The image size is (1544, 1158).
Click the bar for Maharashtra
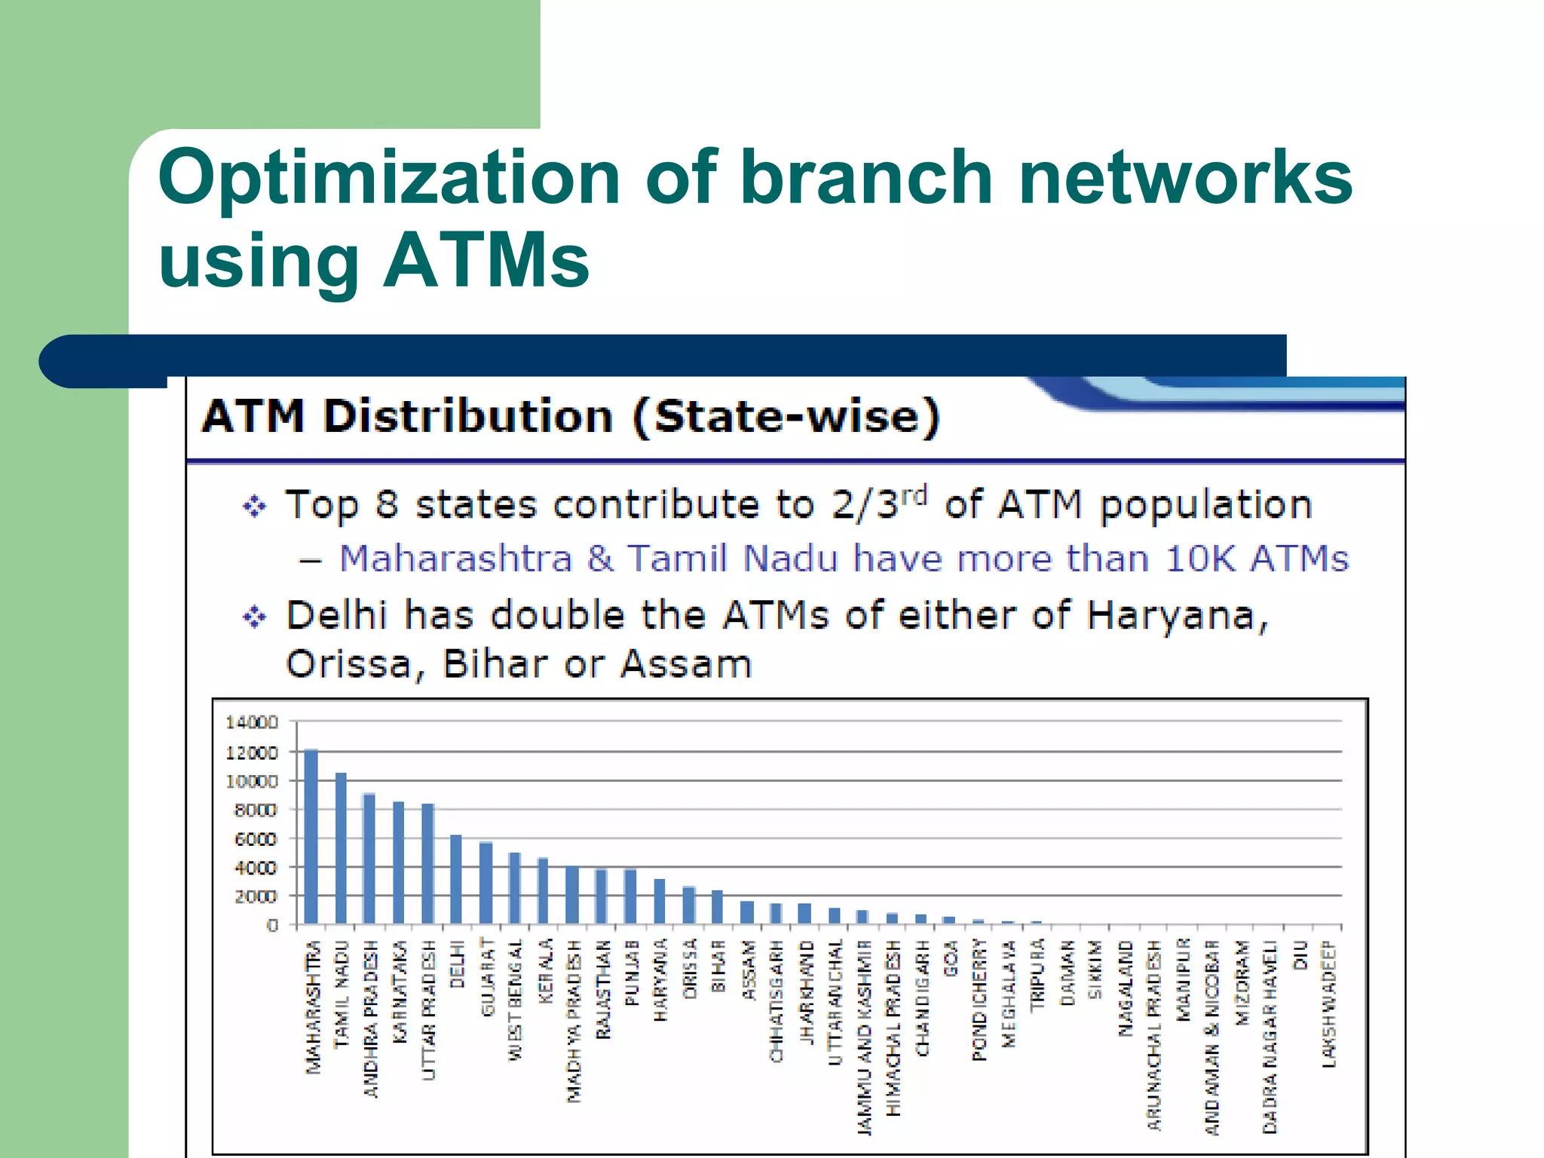click(311, 837)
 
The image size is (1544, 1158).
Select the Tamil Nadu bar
click(341, 848)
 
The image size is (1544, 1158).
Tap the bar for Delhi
click(456, 879)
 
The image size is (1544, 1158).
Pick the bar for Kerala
click(543, 891)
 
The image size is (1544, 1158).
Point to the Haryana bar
click(660, 902)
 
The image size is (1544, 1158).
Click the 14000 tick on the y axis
click(252, 722)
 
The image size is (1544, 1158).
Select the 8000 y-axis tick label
click(256, 810)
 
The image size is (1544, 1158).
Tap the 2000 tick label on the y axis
click(256, 896)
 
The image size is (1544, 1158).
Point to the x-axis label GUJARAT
click(487, 977)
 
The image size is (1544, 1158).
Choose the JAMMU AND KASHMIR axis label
click(864, 1037)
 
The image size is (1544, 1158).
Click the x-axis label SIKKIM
click(1095, 970)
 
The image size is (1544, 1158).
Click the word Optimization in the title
click(388, 178)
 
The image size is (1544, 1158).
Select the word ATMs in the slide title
click(486, 260)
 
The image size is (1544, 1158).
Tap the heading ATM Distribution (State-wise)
click(571, 416)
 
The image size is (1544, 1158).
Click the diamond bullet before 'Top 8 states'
click(254, 507)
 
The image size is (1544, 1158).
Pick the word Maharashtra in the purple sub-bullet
click(456, 559)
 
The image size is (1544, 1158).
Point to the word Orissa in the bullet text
click(348, 664)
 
